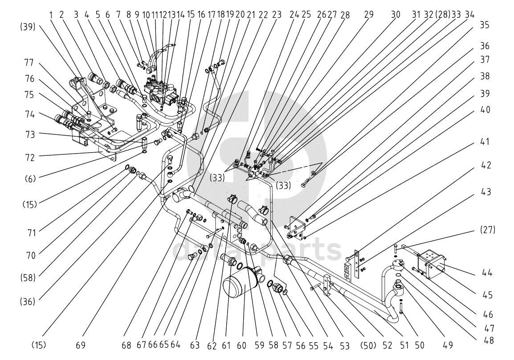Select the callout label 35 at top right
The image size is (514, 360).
pyautogui.click(x=485, y=25)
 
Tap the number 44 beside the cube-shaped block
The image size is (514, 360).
pyautogui.click(x=487, y=272)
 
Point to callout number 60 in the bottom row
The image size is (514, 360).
pyautogui.click(x=241, y=345)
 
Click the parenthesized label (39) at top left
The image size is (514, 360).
pyautogui.click(x=27, y=27)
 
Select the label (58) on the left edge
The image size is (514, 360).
pyautogui.click(x=27, y=278)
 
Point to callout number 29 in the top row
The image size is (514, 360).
pyautogui.click(x=369, y=15)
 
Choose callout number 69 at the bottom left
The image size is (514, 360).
pyautogui.click(x=81, y=345)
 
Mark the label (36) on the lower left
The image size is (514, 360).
pyautogui.click(x=27, y=301)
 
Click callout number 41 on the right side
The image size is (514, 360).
pyautogui.click(x=485, y=142)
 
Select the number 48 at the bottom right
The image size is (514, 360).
pyautogui.click(x=489, y=340)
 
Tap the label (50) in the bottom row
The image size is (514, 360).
pyautogui.click(x=368, y=346)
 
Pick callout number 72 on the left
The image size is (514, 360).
pyautogui.click(x=30, y=158)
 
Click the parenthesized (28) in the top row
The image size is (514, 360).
pyautogui.click(x=443, y=15)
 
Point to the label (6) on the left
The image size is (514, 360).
pyautogui.click(x=30, y=179)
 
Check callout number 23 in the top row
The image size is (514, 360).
pyautogui.click(x=277, y=15)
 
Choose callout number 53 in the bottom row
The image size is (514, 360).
pyautogui.click(x=345, y=346)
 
